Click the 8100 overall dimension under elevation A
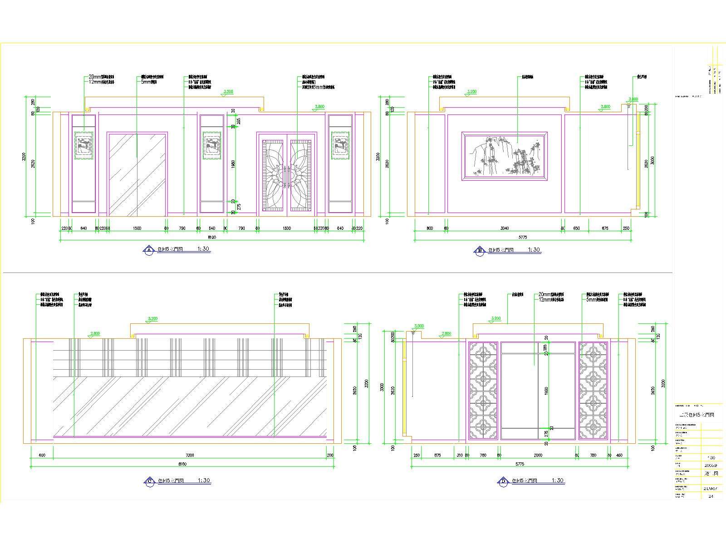pyautogui.click(x=212, y=237)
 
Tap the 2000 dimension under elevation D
pyautogui.click(x=538, y=455)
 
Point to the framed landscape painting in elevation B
pyautogui.click(x=504, y=157)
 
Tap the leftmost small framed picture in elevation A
pyautogui.click(x=83, y=145)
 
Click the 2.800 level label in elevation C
pyautogui.click(x=95, y=333)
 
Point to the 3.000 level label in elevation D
pyautogui.click(x=419, y=326)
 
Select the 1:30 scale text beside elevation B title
pyautogui.click(x=534, y=249)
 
